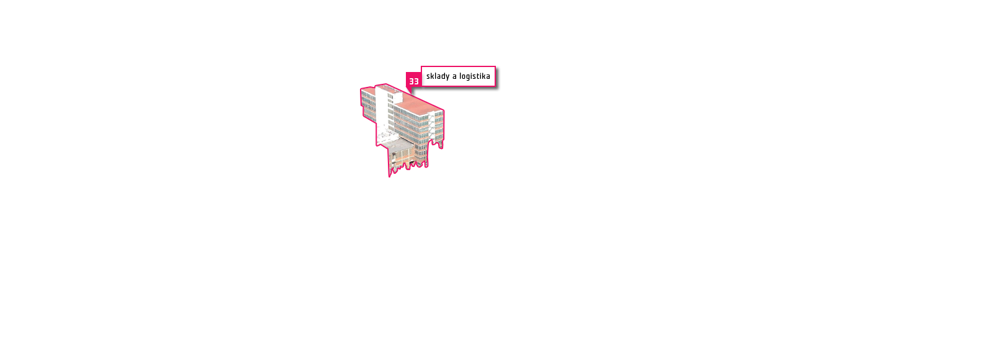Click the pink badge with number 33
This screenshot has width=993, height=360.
point(413,81)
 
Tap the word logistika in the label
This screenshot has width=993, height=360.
point(475,77)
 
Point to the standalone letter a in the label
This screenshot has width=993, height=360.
point(454,77)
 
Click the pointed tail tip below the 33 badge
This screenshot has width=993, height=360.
point(411,94)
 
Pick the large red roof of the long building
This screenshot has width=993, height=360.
point(418,104)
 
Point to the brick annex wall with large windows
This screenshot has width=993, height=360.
point(403,157)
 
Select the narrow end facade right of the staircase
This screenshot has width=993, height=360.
point(439,128)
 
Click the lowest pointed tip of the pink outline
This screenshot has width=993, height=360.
point(390,176)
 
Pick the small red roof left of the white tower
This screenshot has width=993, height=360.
point(369,90)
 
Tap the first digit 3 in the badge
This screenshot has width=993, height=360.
point(411,81)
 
